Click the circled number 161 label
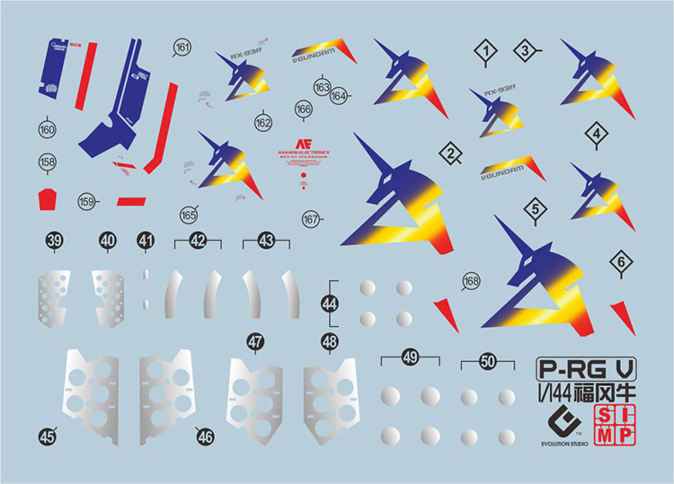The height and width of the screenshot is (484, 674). click(182, 48)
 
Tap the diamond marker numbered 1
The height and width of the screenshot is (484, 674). click(486, 53)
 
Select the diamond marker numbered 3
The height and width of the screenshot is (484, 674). click(526, 51)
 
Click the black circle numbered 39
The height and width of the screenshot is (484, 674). click(55, 241)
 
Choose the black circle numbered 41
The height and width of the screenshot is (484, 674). click(146, 241)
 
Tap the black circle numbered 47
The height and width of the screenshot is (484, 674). click(256, 341)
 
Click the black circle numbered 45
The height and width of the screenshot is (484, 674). click(48, 436)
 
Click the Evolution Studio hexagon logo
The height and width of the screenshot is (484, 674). click(561, 422)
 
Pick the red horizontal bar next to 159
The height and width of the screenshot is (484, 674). click(131, 200)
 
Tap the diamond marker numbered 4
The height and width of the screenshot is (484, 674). click(596, 135)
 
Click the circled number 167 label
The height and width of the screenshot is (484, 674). click(312, 219)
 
